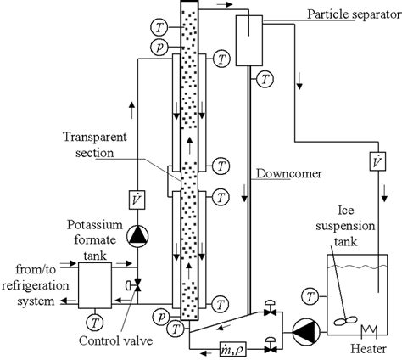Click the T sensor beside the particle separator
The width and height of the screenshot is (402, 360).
[x=267, y=78]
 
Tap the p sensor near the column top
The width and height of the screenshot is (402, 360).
[x=161, y=47]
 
